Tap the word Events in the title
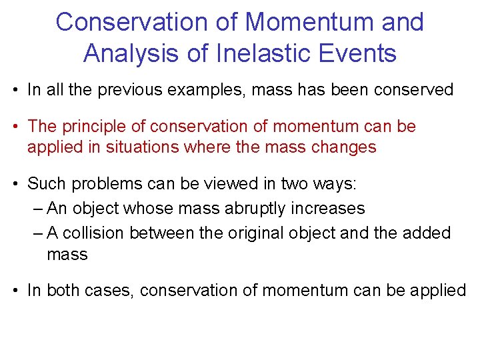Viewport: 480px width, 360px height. (x=361, y=52)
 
